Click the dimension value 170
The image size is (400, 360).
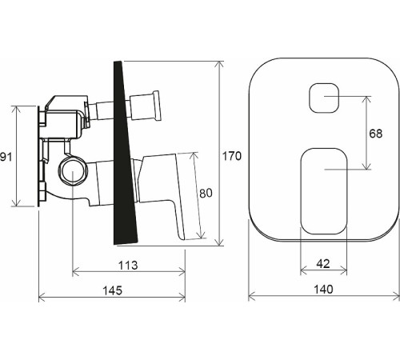232,156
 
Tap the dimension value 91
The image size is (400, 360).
6,157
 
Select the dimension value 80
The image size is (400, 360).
206,194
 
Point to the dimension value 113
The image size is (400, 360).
128,266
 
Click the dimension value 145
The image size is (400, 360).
113,290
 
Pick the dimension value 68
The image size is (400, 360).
376,134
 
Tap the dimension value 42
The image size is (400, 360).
323,264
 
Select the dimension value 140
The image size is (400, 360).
323,289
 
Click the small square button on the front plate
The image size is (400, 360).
324,98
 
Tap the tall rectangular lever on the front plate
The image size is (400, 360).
324,191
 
